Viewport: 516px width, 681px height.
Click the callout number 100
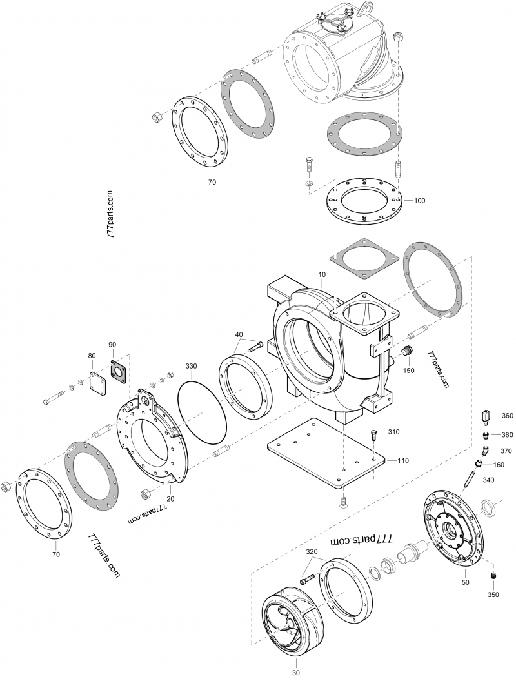coord(419,201)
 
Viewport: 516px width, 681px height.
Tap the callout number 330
coord(192,366)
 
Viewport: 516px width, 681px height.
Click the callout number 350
coord(494,593)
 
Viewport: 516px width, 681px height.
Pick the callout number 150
coord(408,371)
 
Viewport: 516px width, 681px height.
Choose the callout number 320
coord(312,552)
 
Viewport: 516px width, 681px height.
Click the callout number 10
coord(322,274)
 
